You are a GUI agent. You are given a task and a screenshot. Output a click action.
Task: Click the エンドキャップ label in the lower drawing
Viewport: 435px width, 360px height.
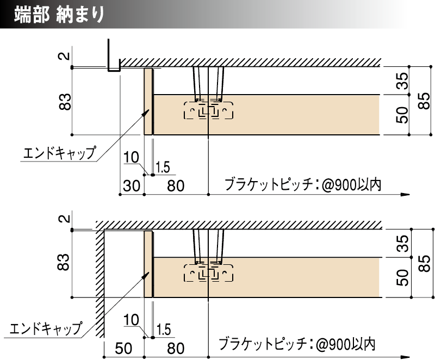(x=46, y=328)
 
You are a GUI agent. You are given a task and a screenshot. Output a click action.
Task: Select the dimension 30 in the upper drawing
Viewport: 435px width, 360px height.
(x=131, y=185)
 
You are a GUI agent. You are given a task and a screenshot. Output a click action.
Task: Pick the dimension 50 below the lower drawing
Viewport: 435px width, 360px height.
(x=124, y=348)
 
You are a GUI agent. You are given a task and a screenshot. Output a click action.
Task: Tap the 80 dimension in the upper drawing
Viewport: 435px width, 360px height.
(x=176, y=185)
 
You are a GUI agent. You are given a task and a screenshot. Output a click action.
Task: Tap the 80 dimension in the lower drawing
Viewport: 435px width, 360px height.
(x=176, y=348)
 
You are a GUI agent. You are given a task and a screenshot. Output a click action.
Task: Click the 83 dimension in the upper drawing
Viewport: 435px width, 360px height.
(x=65, y=101)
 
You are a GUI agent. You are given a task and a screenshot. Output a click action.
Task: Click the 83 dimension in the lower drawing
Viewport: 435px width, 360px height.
(x=65, y=264)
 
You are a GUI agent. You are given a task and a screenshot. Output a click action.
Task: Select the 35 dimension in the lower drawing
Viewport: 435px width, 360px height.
(x=402, y=243)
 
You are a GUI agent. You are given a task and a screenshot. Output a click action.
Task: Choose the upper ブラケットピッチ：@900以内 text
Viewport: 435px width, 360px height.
(x=302, y=185)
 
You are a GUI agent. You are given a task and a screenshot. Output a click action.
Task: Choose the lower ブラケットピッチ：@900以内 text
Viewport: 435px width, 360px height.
(x=297, y=344)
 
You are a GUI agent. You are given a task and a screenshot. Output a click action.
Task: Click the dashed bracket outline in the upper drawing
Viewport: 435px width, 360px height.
(x=209, y=111)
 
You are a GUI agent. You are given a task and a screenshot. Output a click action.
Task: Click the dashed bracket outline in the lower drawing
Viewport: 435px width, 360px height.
(x=209, y=274)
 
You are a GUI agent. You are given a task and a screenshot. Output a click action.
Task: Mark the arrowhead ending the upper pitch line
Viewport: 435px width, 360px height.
(x=404, y=194)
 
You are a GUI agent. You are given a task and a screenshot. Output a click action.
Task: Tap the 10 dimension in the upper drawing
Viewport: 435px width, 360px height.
(x=131, y=158)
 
